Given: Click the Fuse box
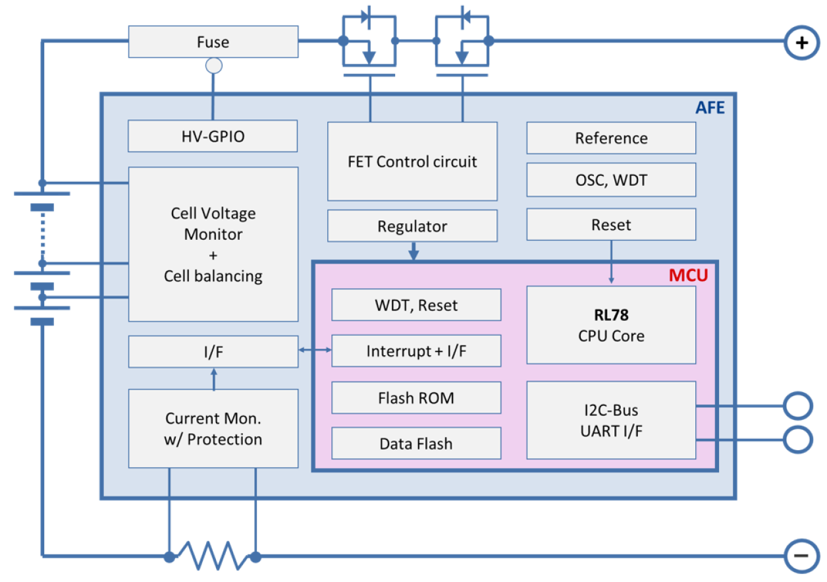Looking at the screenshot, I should [213, 42].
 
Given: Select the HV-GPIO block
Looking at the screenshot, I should [213, 137].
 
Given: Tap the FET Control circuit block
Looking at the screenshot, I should [412, 162].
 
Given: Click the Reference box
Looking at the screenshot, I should [611, 138].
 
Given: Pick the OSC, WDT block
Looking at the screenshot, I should [611, 180].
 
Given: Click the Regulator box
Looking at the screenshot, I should [412, 226].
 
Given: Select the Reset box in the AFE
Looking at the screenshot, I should [611, 225].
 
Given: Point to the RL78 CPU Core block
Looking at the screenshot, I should [611, 325].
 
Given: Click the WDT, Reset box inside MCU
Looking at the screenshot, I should [416, 305].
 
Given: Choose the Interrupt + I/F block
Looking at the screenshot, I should [416, 351].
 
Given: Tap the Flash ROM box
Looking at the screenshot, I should [416, 398].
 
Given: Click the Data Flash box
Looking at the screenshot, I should [416, 444].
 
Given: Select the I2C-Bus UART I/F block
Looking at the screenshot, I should [611, 421].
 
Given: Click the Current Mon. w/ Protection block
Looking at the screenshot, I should [213, 428].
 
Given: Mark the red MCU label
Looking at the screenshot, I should [687, 276].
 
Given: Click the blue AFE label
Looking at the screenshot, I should [710, 107].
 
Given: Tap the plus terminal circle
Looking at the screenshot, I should [801, 43].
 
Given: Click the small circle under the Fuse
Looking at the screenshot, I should [213, 66].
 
